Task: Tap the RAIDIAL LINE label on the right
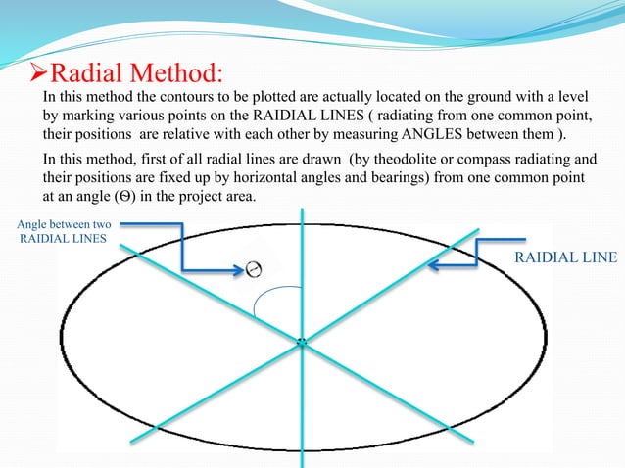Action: (566, 257)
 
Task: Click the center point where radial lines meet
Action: (302, 341)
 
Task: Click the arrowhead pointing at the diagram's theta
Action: (236, 264)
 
